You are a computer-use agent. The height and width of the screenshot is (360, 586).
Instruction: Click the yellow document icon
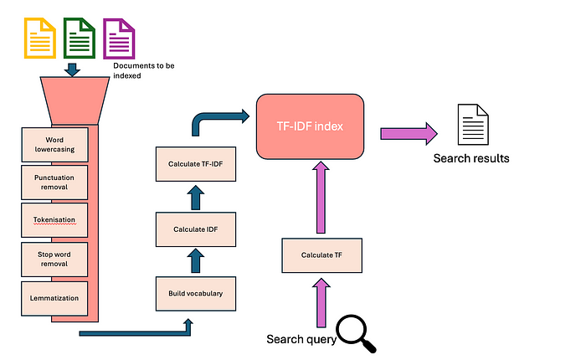(40, 39)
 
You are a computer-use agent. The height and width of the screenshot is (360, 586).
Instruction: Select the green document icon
(80, 39)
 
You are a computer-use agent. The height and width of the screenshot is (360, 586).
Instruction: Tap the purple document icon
(119, 39)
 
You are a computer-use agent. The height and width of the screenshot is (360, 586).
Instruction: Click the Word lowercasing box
(54, 145)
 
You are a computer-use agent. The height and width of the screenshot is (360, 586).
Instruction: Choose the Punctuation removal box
(54, 183)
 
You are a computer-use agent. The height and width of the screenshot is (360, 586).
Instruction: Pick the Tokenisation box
(54, 220)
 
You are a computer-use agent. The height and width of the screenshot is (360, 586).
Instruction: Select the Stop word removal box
(54, 260)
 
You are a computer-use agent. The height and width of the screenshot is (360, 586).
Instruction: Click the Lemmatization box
(54, 299)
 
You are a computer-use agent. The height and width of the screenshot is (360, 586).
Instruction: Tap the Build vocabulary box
(196, 294)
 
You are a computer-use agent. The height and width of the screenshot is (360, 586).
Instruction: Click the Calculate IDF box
(196, 229)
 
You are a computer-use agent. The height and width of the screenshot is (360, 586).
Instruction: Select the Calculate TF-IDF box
(196, 164)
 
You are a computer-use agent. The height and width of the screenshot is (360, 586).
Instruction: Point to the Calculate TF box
(321, 255)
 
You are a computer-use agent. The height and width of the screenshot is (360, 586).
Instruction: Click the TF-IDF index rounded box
(311, 126)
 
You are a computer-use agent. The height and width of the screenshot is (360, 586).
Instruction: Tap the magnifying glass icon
(356, 333)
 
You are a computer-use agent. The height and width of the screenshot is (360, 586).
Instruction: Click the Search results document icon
(473, 125)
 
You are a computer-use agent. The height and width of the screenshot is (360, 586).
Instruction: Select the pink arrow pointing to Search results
(409, 133)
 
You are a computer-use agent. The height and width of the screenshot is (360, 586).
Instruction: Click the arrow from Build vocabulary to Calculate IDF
(196, 261)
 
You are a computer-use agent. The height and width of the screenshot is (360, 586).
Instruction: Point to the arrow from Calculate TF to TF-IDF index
(321, 198)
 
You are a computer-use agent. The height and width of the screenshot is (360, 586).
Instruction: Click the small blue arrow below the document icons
(72, 69)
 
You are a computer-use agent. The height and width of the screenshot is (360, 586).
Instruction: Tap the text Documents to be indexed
(144, 70)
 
